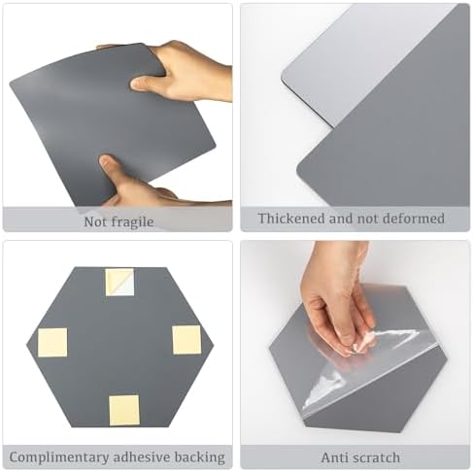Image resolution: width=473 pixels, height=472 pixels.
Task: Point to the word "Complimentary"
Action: pyautogui.click(x=59, y=457)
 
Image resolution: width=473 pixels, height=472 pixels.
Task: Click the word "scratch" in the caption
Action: pyautogui.click(x=376, y=457)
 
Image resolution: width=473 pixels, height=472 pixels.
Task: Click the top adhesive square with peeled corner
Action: pyautogui.click(x=119, y=282)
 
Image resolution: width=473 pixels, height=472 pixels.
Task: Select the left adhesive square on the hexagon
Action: pyautogui.click(x=52, y=342)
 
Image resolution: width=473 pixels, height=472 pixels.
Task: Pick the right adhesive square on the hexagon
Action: pyautogui.click(x=186, y=340)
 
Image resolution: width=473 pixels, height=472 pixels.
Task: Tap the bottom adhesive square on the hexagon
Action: pyautogui.click(x=124, y=410)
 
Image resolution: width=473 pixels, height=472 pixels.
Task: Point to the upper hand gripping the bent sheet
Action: pyautogui.click(x=185, y=71)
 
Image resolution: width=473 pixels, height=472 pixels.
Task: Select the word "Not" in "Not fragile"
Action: pyautogui.click(x=95, y=222)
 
